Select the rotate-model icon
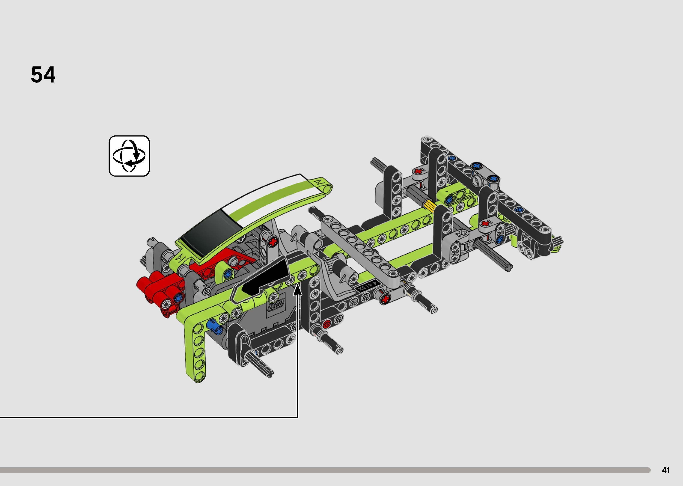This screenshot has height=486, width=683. click(129, 156)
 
